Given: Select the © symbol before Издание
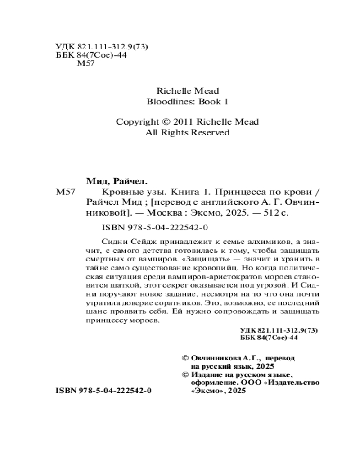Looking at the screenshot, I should (x=184, y=374).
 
